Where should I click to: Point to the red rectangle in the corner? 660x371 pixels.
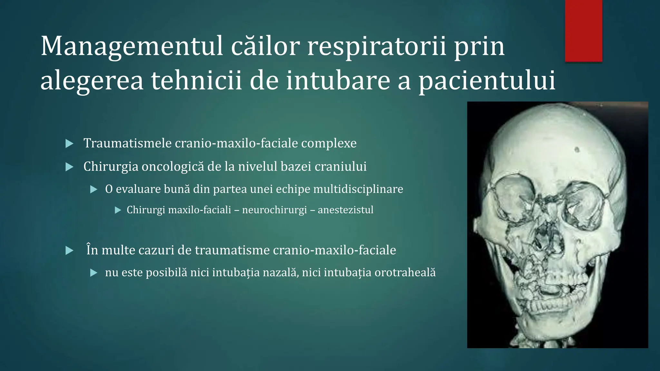click(x=584, y=31)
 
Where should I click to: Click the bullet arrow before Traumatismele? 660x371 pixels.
click(x=69, y=144)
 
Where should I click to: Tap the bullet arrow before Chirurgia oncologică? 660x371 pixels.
click(x=69, y=167)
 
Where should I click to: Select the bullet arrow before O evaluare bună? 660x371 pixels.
click(x=94, y=189)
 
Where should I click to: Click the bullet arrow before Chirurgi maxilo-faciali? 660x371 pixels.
click(x=118, y=210)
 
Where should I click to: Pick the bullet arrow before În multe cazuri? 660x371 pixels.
click(x=69, y=251)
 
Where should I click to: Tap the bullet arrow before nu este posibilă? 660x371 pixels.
click(x=94, y=273)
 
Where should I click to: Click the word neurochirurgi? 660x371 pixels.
click(x=274, y=210)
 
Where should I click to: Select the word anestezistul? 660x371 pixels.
click(x=345, y=210)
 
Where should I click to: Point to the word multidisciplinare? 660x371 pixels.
click(x=358, y=189)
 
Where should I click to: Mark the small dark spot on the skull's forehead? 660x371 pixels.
click(x=577, y=149)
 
